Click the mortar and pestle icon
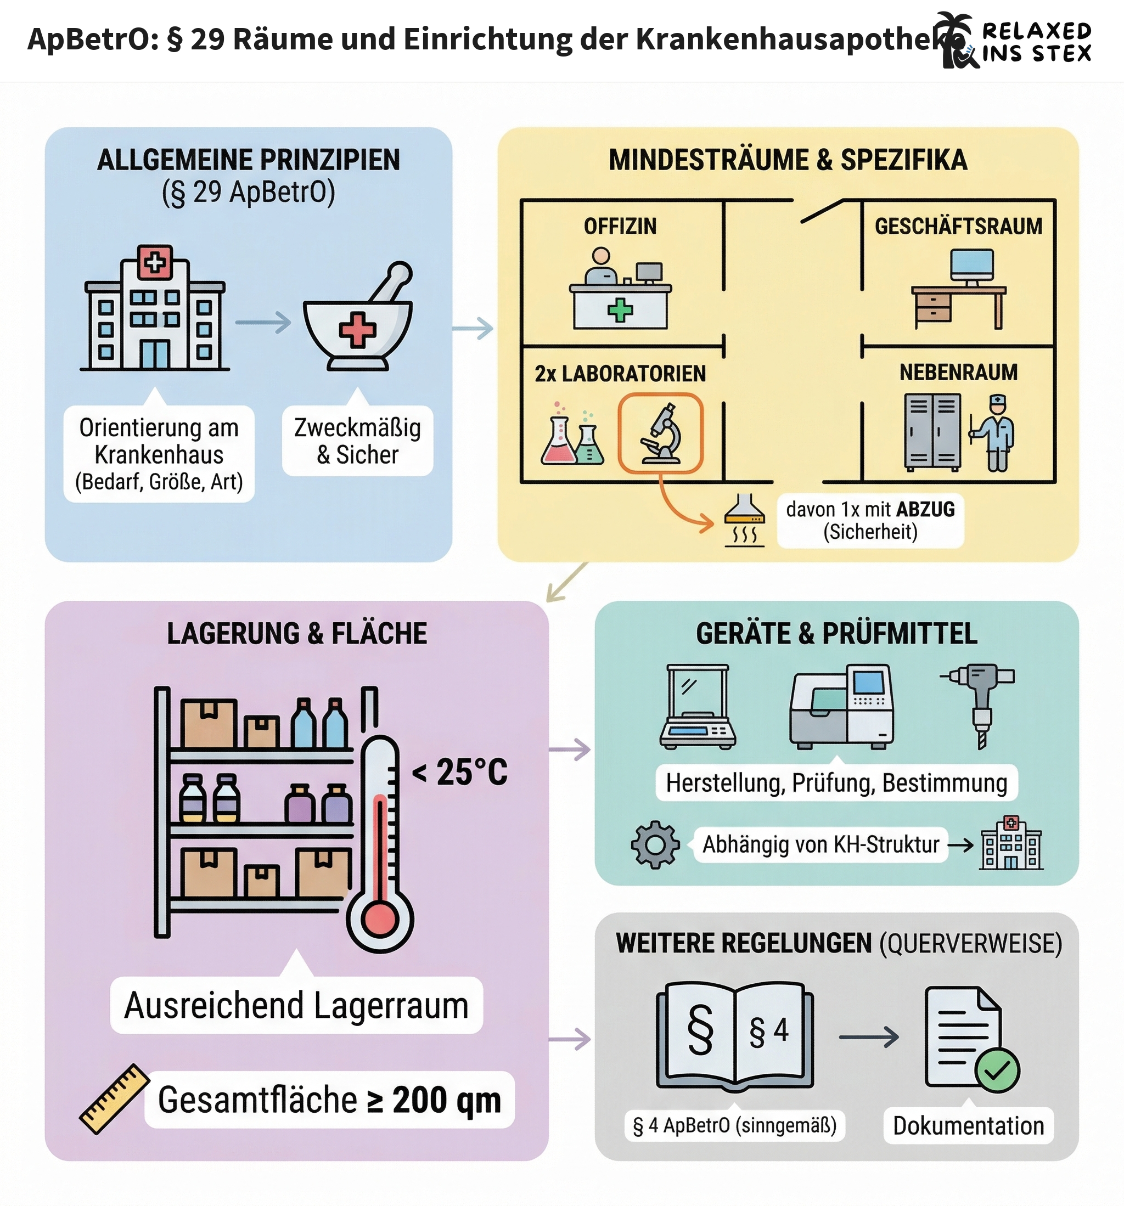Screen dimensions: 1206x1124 (358, 318)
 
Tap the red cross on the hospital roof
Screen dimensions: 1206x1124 (155, 263)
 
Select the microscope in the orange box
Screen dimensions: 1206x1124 (661, 433)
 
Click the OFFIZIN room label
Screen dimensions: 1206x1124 (620, 226)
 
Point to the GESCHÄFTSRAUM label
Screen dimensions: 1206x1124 (958, 226)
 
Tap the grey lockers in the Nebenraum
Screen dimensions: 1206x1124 (932, 431)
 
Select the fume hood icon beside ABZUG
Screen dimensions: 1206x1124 (745, 521)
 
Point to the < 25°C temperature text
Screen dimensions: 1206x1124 (459, 772)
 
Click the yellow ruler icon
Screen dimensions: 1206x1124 (114, 1098)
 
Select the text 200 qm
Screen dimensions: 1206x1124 (447, 1100)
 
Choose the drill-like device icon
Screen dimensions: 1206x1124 (979, 704)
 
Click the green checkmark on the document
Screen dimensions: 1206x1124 (997, 1070)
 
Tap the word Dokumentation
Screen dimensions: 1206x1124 (968, 1126)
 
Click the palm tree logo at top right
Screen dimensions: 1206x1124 (956, 40)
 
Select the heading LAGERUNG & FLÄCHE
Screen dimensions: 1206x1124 (297, 633)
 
